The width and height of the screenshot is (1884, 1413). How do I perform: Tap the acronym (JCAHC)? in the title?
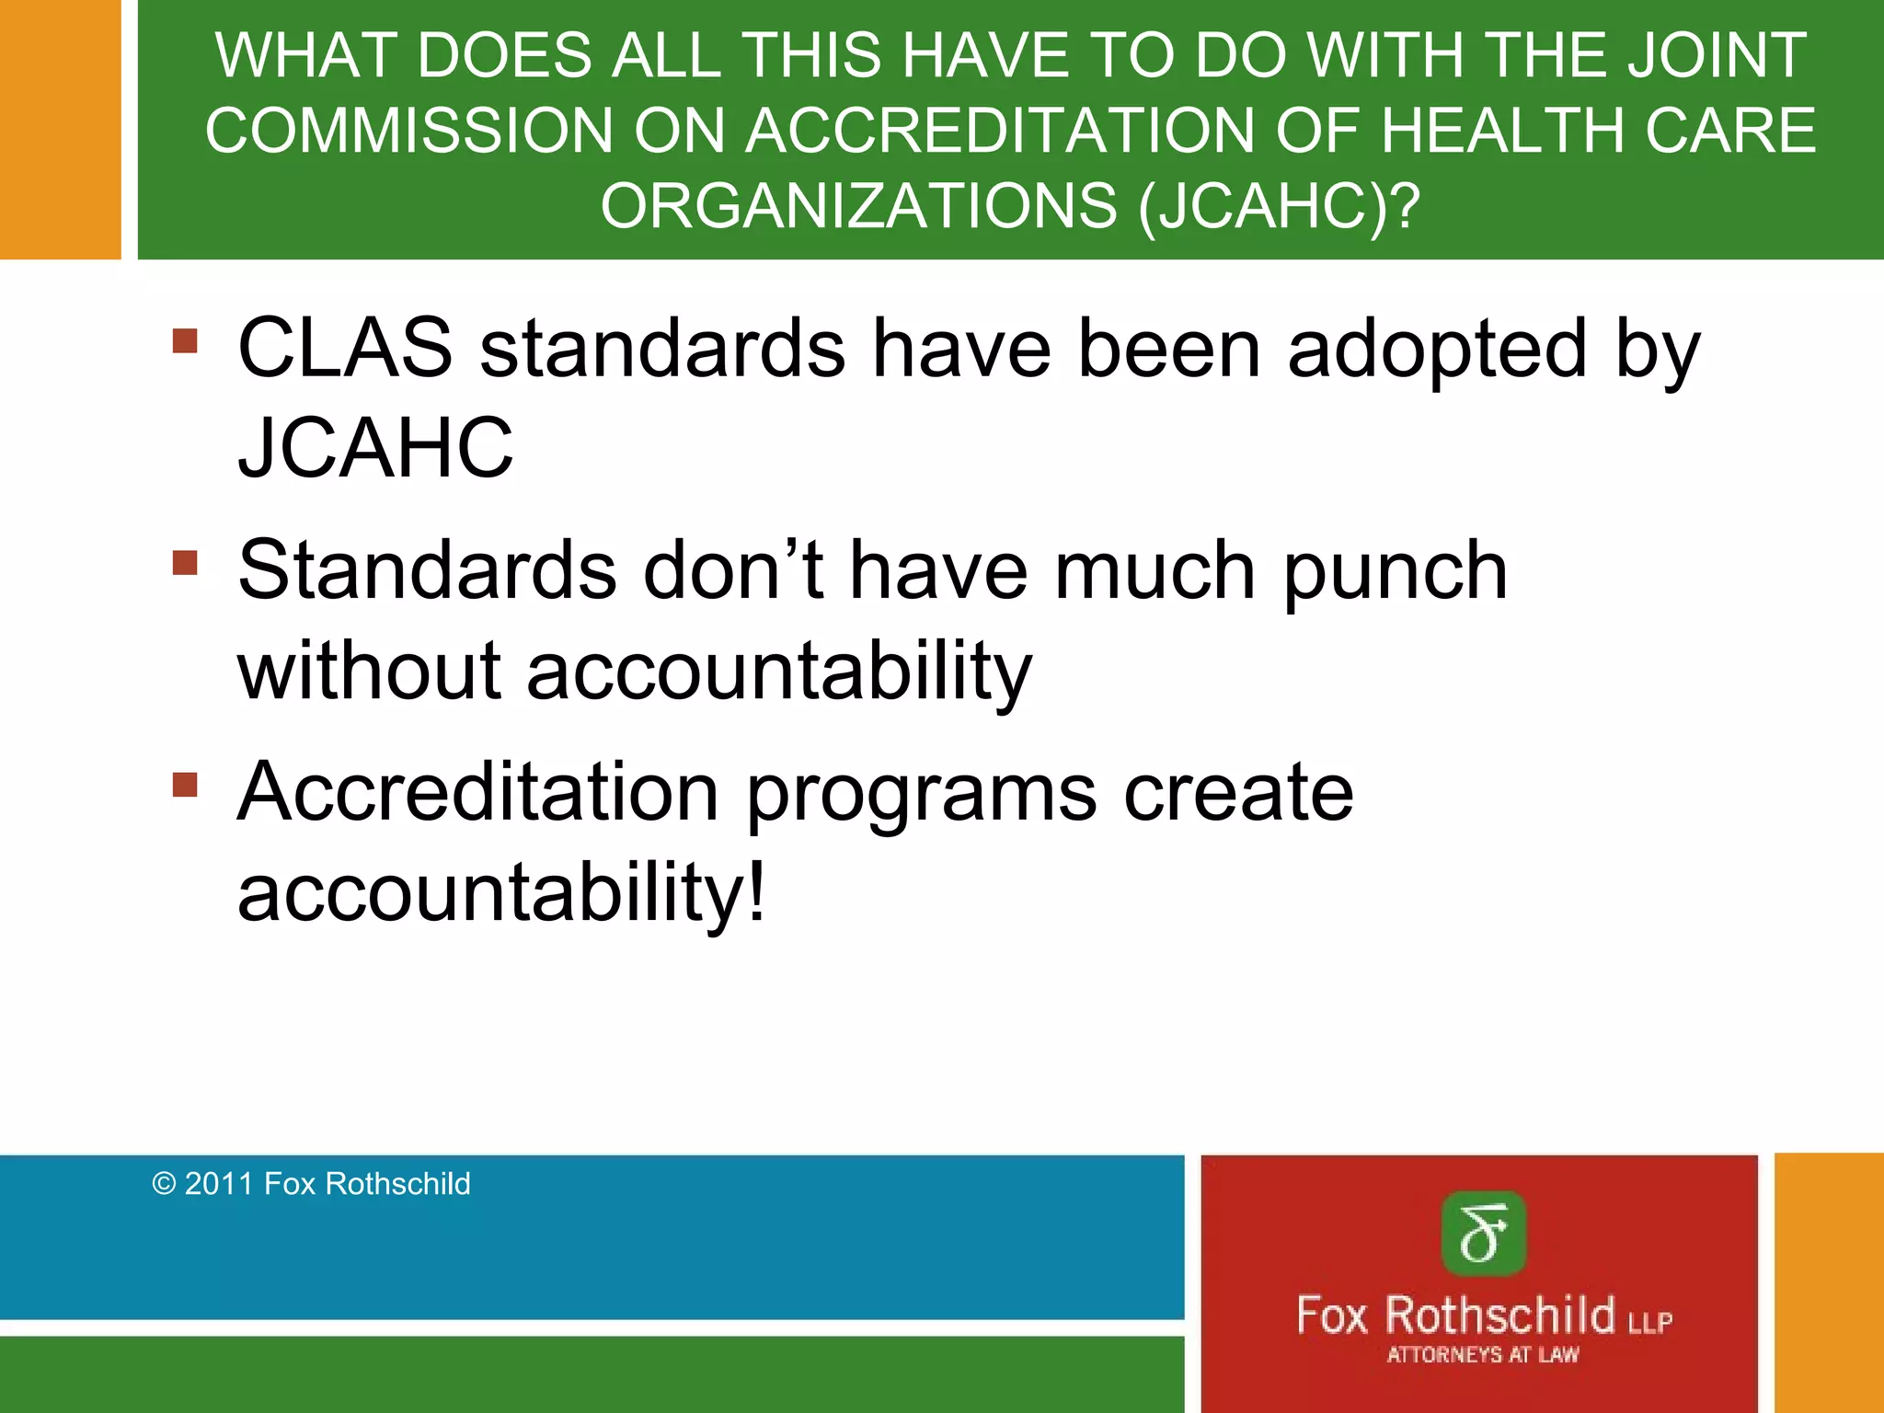1279,205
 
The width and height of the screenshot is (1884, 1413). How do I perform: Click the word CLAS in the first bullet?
345,349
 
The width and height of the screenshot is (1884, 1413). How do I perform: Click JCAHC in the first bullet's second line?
375,449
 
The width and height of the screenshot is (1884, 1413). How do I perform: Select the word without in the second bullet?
369,671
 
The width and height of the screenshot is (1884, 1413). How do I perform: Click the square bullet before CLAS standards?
185,341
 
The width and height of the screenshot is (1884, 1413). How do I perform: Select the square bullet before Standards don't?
185,562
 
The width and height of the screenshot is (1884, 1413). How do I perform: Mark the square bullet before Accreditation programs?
185,785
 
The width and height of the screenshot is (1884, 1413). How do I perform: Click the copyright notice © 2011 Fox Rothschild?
311,1184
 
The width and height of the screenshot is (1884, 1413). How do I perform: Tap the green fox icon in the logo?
1483,1234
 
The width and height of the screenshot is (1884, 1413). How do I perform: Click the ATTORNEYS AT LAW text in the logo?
1483,1355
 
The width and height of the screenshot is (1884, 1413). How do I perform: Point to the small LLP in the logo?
1649,1323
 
